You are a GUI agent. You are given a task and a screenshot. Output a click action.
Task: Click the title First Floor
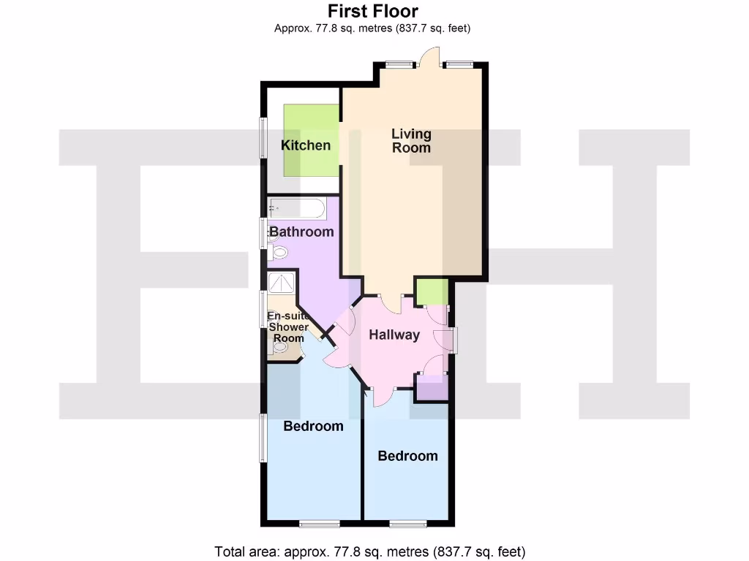click(x=373, y=11)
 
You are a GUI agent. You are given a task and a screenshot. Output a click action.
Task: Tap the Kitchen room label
click(x=306, y=145)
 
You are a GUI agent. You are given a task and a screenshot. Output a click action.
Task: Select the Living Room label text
click(x=411, y=140)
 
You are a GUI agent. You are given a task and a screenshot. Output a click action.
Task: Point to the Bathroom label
click(x=301, y=232)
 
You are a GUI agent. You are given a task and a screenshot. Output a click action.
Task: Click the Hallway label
click(x=394, y=335)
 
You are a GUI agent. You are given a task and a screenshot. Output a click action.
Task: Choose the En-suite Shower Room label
click(x=287, y=327)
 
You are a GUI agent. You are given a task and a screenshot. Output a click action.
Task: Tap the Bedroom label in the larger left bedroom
click(x=313, y=426)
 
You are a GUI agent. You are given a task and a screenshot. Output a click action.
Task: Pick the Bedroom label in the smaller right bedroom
click(x=407, y=456)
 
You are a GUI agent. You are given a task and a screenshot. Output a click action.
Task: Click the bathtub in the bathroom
click(x=297, y=209)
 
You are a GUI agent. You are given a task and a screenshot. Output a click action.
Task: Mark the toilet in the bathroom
click(x=278, y=253)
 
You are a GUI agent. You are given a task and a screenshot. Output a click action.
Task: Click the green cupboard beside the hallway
click(x=432, y=291)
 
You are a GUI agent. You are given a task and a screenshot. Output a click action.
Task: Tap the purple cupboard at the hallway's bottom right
click(x=432, y=388)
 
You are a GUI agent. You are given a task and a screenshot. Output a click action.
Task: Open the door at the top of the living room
click(x=429, y=58)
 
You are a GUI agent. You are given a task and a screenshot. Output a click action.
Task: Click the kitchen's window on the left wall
click(x=263, y=137)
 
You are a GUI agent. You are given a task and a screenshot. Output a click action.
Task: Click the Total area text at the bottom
click(x=369, y=551)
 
